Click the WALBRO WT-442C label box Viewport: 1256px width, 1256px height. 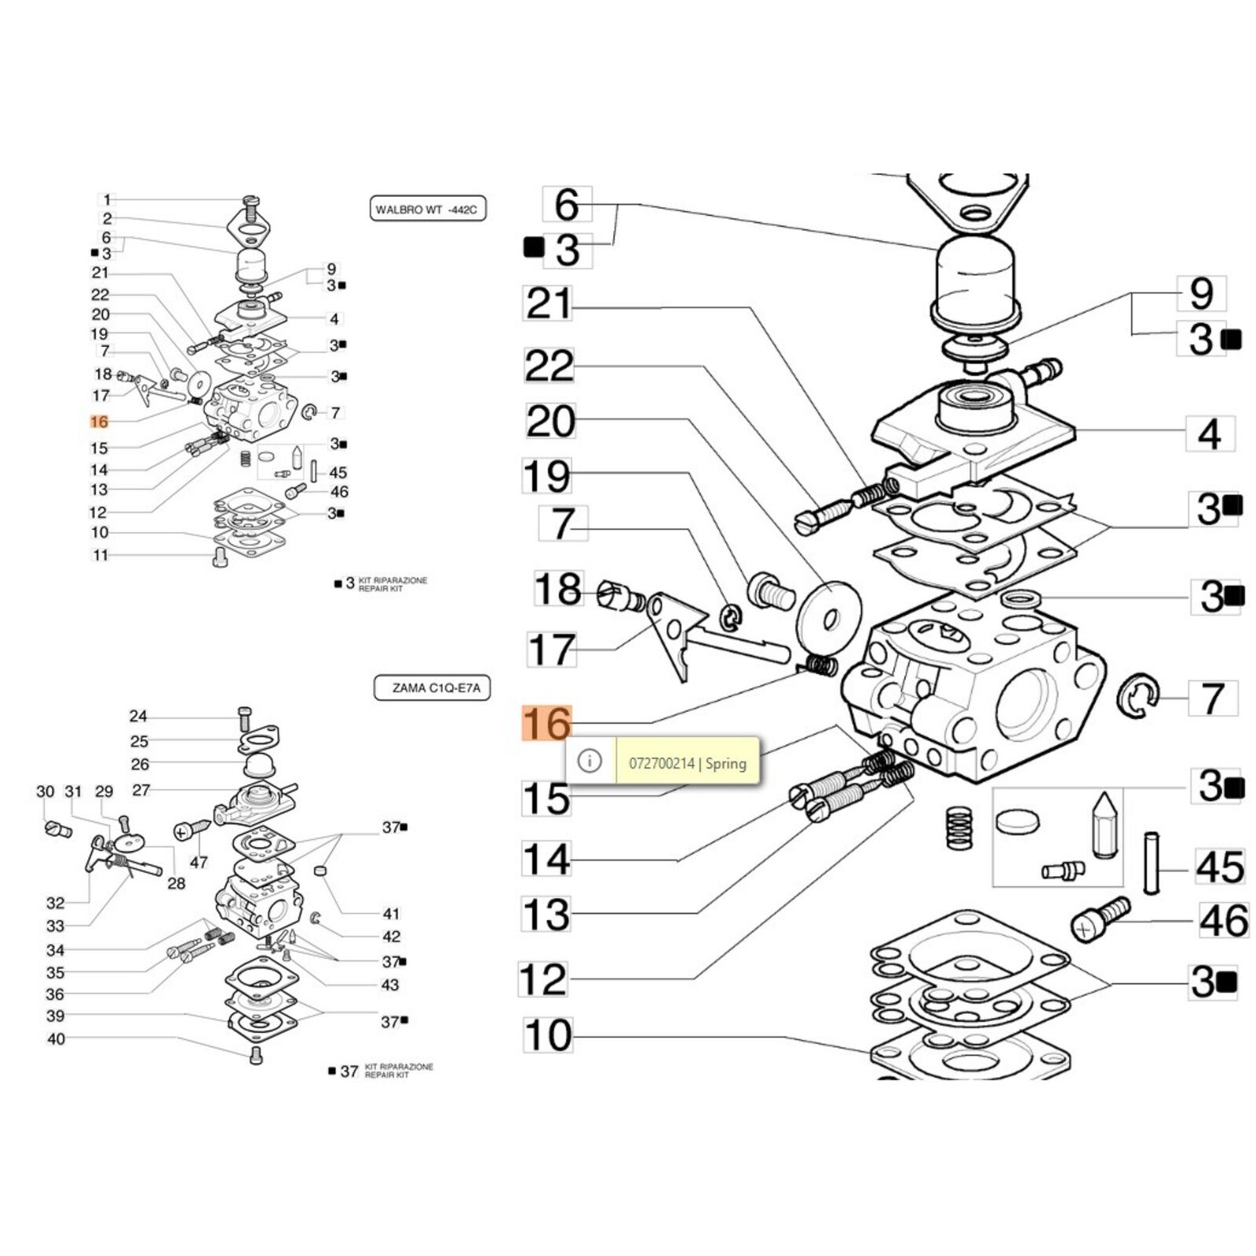click(x=427, y=210)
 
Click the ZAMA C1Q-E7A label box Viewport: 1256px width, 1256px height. click(x=432, y=688)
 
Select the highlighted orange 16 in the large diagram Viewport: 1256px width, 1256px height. click(x=547, y=724)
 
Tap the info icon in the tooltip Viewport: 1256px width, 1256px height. click(x=590, y=761)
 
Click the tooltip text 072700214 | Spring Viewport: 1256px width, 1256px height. click(x=688, y=763)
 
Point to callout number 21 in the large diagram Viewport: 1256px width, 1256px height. click(x=549, y=303)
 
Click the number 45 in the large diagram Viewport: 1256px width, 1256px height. click(x=1220, y=867)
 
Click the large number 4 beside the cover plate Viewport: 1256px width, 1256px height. click(x=1210, y=434)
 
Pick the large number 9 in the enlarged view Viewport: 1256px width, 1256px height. click(x=1201, y=294)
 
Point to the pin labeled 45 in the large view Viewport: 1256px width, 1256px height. click(x=1152, y=862)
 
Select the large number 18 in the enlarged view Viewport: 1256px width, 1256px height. click(x=558, y=589)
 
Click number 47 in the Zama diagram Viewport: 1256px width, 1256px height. click(x=199, y=862)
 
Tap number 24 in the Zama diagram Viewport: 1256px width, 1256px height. click(x=138, y=716)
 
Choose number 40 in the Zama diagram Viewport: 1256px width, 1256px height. click(x=57, y=1039)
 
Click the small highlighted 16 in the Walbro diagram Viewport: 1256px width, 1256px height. click(x=99, y=422)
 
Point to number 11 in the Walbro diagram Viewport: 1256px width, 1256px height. click(x=100, y=555)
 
